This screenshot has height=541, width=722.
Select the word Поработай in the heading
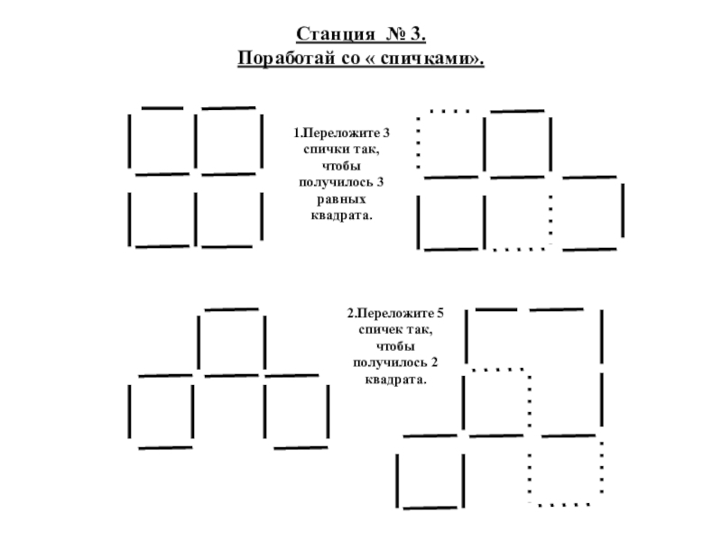point(281,59)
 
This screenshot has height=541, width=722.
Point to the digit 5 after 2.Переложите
point(440,315)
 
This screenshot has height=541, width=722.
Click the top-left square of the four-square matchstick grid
point(162,141)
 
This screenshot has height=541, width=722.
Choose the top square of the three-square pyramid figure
point(231,342)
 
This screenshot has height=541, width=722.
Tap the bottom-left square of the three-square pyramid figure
point(162,411)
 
